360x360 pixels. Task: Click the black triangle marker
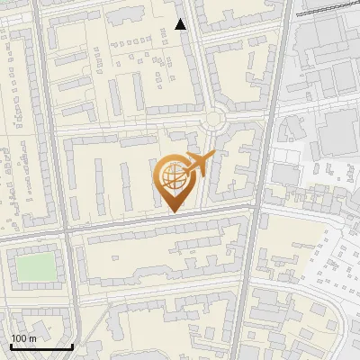[181, 24]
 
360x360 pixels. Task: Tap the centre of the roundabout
[214, 119]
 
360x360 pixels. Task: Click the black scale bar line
[41, 346]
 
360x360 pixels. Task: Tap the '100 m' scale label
[23, 338]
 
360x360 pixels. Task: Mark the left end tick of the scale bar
[11, 346]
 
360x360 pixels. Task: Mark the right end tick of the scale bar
[72, 346]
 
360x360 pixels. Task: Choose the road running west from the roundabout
[135, 127]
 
